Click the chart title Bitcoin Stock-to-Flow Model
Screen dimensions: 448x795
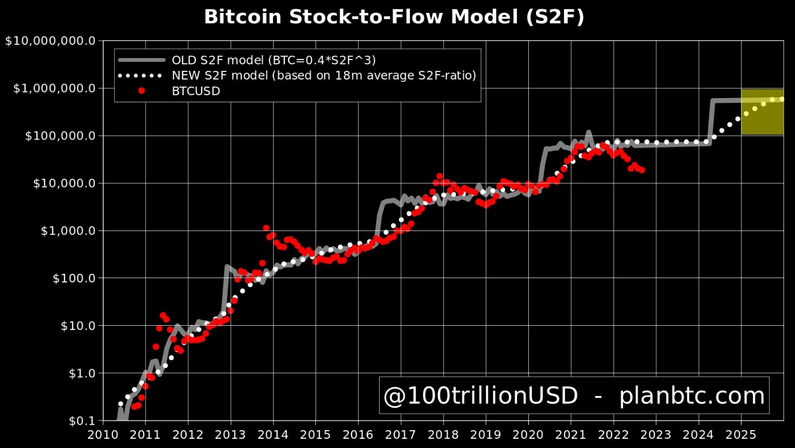click(x=394, y=17)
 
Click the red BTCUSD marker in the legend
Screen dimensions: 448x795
click(x=141, y=91)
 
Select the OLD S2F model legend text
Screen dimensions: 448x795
click(x=273, y=60)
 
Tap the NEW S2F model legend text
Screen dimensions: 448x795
click(x=323, y=76)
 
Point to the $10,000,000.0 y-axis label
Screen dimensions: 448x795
click(x=50, y=41)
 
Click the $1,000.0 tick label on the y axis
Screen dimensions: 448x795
click(x=68, y=231)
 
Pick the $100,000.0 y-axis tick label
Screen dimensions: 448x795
click(x=60, y=136)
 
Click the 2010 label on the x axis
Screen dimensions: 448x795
click(x=103, y=434)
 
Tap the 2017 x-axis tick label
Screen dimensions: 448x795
click(x=401, y=434)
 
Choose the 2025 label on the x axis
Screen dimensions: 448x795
click(x=741, y=434)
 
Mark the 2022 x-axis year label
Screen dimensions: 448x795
click(x=613, y=434)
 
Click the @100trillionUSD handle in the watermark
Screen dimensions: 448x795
click(x=480, y=396)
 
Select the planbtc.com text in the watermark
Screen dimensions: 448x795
click(x=692, y=396)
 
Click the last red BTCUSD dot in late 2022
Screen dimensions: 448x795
click(x=641, y=170)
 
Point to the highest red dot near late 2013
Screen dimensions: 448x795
click(x=266, y=228)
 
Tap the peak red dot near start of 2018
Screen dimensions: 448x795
click(x=440, y=176)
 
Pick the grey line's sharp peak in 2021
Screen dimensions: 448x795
click(x=588, y=133)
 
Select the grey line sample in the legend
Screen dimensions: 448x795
click(x=141, y=60)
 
